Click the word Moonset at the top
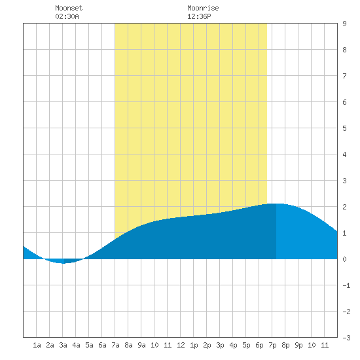click(x=69, y=8)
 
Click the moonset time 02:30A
click(x=67, y=16)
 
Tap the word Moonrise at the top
click(x=203, y=8)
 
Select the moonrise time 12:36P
click(x=199, y=16)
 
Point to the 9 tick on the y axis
click(x=344, y=24)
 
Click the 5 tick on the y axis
click(x=344, y=128)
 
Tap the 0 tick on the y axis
click(x=344, y=259)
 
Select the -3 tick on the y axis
click(x=346, y=338)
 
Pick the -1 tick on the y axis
click(x=346, y=285)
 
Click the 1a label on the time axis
click(x=37, y=345)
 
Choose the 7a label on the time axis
click(x=115, y=345)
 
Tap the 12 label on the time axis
click(x=181, y=345)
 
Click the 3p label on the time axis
click(x=220, y=345)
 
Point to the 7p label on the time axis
click(x=272, y=345)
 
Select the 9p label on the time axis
click(x=298, y=345)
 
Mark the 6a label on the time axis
click(x=102, y=345)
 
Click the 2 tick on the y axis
click(x=344, y=207)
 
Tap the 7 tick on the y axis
click(x=344, y=76)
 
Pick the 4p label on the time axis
click(x=233, y=345)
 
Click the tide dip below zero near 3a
click(x=63, y=261)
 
